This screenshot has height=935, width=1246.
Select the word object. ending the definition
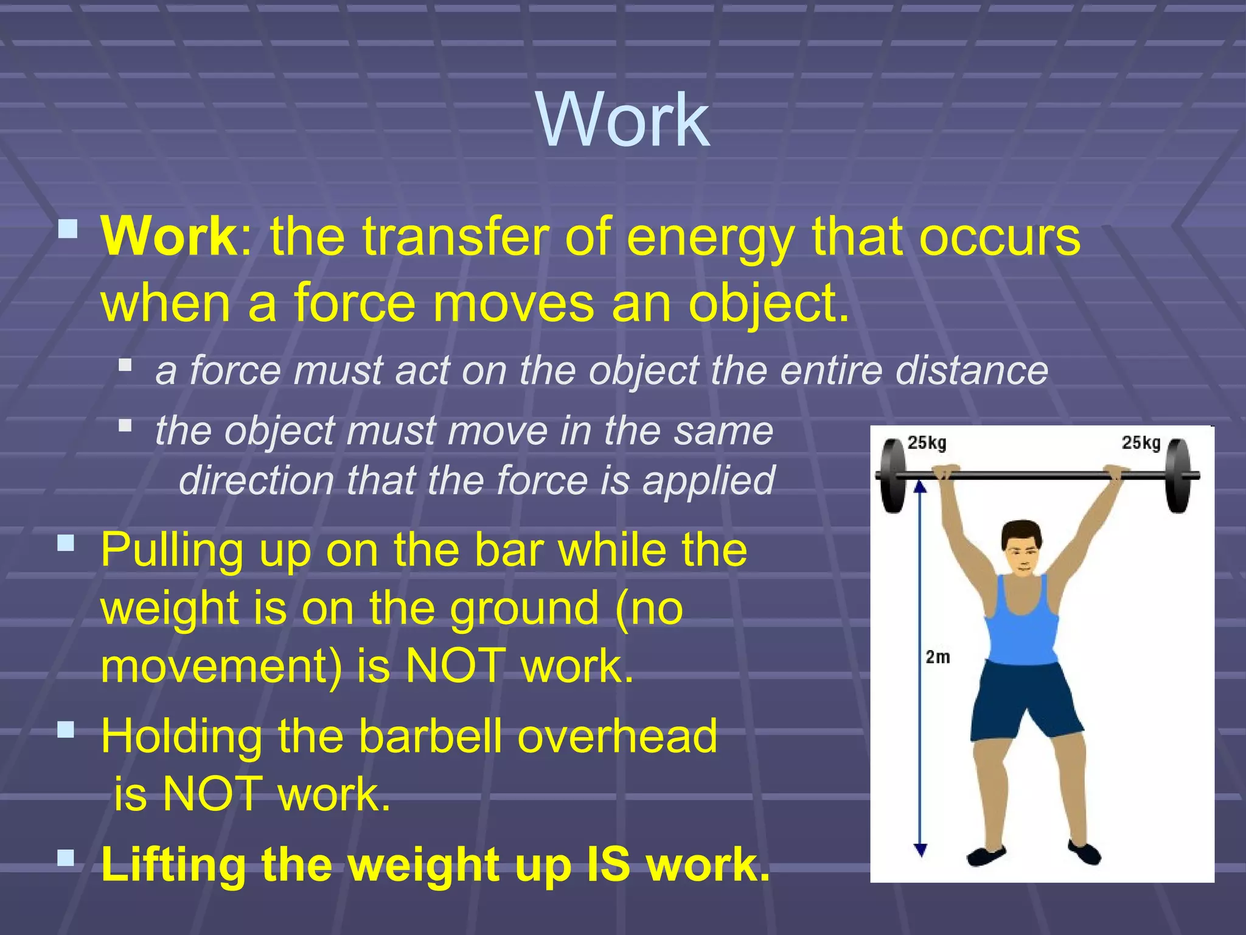pyautogui.click(x=769, y=304)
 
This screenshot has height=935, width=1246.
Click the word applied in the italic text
pyautogui.click(x=709, y=481)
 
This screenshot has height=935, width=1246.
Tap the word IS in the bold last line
pyautogui.click(x=608, y=864)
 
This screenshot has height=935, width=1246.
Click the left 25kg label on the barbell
pyautogui.click(x=927, y=443)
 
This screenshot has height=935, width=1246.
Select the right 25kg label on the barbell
pyautogui.click(x=1141, y=443)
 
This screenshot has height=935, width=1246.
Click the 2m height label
pyautogui.click(x=938, y=657)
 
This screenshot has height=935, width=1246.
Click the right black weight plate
pyautogui.click(x=1178, y=475)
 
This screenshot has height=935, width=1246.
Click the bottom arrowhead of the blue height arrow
pyautogui.click(x=921, y=850)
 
